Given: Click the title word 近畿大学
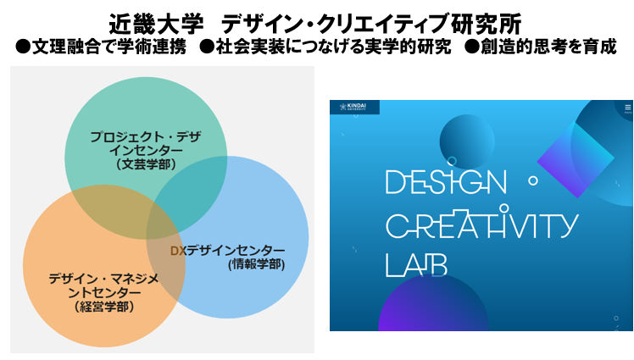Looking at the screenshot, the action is pyautogui.click(x=156, y=25).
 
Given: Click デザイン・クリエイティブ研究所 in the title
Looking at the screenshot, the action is pyautogui.click(x=371, y=25).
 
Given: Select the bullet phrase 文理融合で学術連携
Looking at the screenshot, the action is pyautogui.click(x=108, y=47).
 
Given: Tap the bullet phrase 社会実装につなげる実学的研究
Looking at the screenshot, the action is pyautogui.click(x=334, y=47).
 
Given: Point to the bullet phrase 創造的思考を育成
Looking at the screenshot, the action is pyautogui.click(x=548, y=47).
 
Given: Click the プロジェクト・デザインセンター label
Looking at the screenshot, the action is pyautogui.click(x=146, y=143).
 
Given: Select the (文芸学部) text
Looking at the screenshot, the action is pyautogui.click(x=146, y=164).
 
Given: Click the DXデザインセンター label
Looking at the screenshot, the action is pyautogui.click(x=228, y=251).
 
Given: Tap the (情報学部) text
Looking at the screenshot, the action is pyautogui.click(x=256, y=264).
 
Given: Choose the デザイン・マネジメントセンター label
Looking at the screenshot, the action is pyautogui.click(x=104, y=285).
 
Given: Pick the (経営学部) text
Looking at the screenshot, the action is pyautogui.click(x=104, y=307).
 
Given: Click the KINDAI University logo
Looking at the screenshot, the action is pyautogui.click(x=354, y=107).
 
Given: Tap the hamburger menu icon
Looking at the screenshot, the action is pyautogui.click(x=627, y=108).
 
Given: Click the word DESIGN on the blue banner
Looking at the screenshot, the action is pyautogui.click(x=446, y=182).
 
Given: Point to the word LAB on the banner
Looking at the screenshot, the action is pyautogui.click(x=416, y=265).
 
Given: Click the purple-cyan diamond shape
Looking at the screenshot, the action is pyautogui.click(x=576, y=160).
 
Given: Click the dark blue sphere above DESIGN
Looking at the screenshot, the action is pyautogui.click(x=467, y=141).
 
